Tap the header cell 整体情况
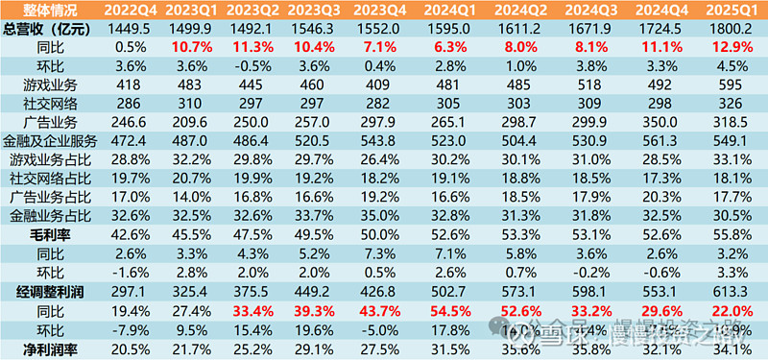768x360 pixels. [x=43, y=10]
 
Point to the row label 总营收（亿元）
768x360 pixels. [x=43, y=28]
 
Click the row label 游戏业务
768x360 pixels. [x=43, y=84]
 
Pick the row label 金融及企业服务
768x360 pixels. [x=43, y=139]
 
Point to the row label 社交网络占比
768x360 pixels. [x=43, y=176]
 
